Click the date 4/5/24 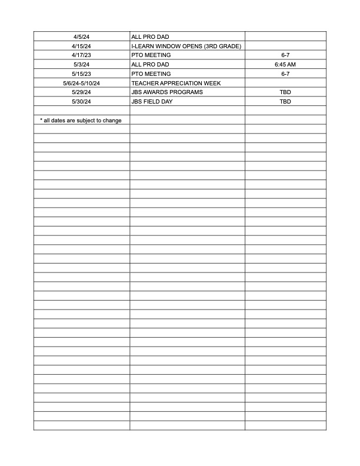pos(81,36)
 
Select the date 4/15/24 pos(81,46)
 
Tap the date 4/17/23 pos(81,55)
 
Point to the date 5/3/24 pos(81,64)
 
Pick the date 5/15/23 pos(81,74)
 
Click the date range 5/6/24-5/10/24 pos(81,83)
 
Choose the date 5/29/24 pos(81,92)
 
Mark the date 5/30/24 pos(81,102)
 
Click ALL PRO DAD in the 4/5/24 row pos(150,36)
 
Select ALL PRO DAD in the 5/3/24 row pos(150,64)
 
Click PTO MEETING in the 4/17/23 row pos(151,55)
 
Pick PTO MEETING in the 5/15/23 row pos(151,74)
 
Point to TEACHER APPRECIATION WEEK pos(176,83)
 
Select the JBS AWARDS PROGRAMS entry pos(166,92)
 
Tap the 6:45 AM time pos(285,64)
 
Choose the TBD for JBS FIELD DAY pos(285,102)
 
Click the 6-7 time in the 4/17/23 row pos(285,55)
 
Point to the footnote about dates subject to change pos(81,121)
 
